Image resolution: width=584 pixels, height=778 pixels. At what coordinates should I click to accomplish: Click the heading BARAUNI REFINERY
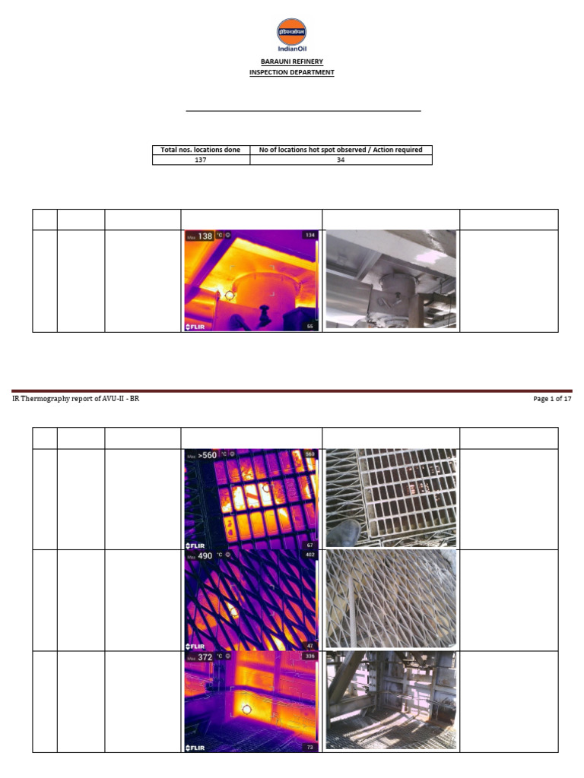pos(291,62)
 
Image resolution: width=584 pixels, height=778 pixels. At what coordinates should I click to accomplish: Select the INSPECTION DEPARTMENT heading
pos(291,73)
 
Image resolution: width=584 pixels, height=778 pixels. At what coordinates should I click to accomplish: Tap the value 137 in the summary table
pos(201,160)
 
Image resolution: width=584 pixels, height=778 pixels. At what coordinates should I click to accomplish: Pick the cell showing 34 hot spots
pos(341,160)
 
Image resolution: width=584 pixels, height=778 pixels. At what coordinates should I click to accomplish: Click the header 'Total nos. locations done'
pos(201,150)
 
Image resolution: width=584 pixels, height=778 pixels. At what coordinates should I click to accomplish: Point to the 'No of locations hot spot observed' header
pos(341,150)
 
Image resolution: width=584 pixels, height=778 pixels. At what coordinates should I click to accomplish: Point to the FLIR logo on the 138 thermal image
pos(196,327)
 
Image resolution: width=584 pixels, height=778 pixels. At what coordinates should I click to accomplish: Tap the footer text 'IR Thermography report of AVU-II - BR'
pos(75,400)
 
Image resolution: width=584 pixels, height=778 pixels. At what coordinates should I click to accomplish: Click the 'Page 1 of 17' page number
pos(552,400)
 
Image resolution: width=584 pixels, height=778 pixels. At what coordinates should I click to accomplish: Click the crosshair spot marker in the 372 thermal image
pos(246,710)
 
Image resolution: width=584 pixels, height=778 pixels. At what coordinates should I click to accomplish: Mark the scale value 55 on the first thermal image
pos(309,326)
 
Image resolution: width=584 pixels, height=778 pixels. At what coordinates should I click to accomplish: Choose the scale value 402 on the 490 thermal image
pos(309,555)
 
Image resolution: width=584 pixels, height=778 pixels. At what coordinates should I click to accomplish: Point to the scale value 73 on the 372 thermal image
pos(309,748)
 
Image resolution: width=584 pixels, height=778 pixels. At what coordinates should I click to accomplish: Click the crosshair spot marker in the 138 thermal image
pos(229,295)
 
